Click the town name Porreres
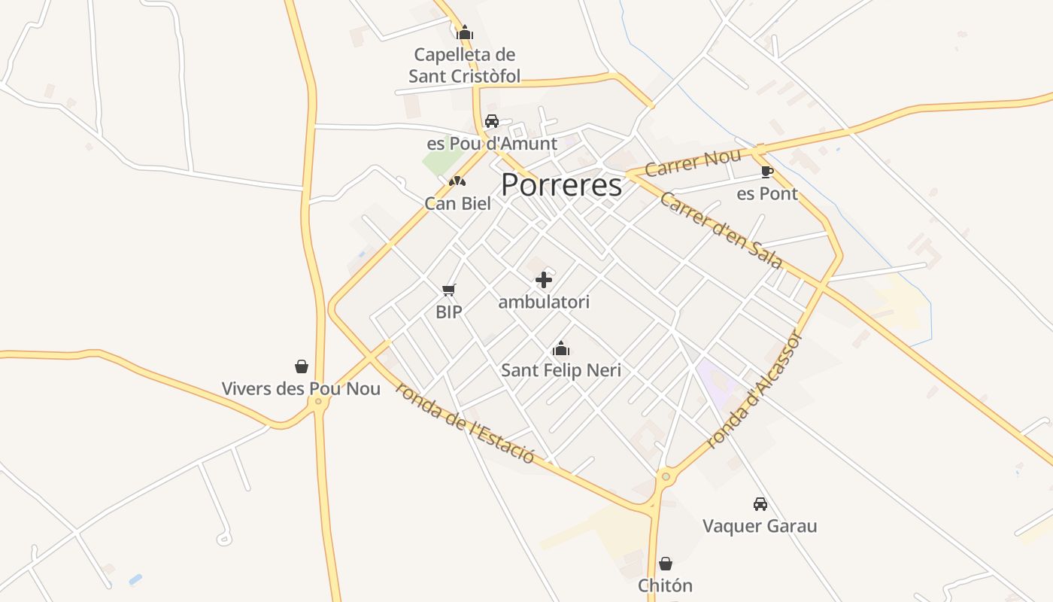coord(561,185)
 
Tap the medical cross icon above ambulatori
coord(544,281)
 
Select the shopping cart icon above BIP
coord(449,290)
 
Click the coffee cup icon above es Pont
coord(766,172)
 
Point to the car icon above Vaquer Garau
coord(760,504)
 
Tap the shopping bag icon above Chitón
coord(666,564)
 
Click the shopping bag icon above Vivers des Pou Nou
coord(302,366)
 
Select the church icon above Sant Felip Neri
coord(560,348)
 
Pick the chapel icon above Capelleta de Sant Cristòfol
coord(465,32)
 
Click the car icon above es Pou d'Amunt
coord(492,121)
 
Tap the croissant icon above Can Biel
coord(457,181)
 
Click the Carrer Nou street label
coord(693,163)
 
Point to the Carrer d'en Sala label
coord(721,230)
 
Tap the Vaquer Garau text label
coord(760,525)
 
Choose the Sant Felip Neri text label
coord(561,370)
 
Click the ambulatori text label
coord(544,303)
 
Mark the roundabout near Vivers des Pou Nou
coord(318,402)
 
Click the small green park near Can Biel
coord(442,159)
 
